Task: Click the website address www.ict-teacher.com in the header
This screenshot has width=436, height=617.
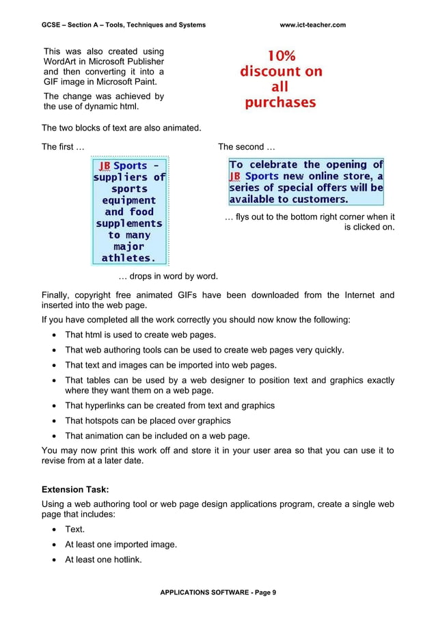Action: click(x=312, y=25)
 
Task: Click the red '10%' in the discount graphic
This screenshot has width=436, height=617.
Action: click(x=281, y=55)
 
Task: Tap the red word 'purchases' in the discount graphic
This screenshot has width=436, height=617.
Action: click(x=281, y=103)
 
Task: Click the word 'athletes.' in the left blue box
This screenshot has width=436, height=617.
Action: click(x=128, y=258)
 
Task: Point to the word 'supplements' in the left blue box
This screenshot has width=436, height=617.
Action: click(x=128, y=223)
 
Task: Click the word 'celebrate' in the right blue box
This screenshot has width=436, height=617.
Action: click(x=277, y=165)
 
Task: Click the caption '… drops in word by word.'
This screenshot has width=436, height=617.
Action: click(x=168, y=277)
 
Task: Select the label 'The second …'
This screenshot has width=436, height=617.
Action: click(x=246, y=147)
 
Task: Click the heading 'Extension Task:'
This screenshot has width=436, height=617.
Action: click(x=75, y=490)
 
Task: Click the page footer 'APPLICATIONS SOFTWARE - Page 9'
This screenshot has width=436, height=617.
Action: click(x=218, y=592)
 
